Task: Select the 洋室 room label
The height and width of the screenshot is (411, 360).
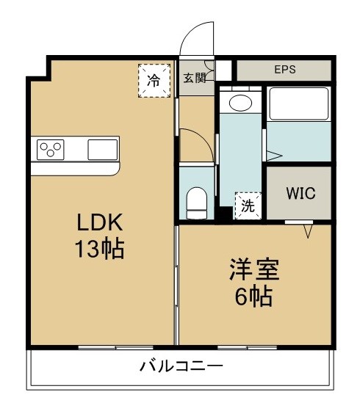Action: pyautogui.click(x=252, y=269)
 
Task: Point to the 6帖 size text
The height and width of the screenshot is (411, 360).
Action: pyautogui.click(x=252, y=297)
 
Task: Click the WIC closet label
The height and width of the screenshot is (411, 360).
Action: pyautogui.click(x=300, y=194)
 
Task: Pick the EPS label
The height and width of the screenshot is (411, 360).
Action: pyautogui.click(x=284, y=70)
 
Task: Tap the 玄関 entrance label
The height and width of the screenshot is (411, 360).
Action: pyautogui.click(x=193, y=78)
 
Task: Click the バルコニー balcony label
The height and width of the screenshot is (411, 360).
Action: pyautogui.click(x=181, y=365)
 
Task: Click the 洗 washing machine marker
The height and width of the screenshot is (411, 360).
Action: pyautogui.click(x=247, y=205)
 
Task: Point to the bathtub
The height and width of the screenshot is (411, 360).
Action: pyautogui.click(x=298, y=104)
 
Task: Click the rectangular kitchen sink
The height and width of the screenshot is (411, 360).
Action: pyautogui.click(x=102, y=150)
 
